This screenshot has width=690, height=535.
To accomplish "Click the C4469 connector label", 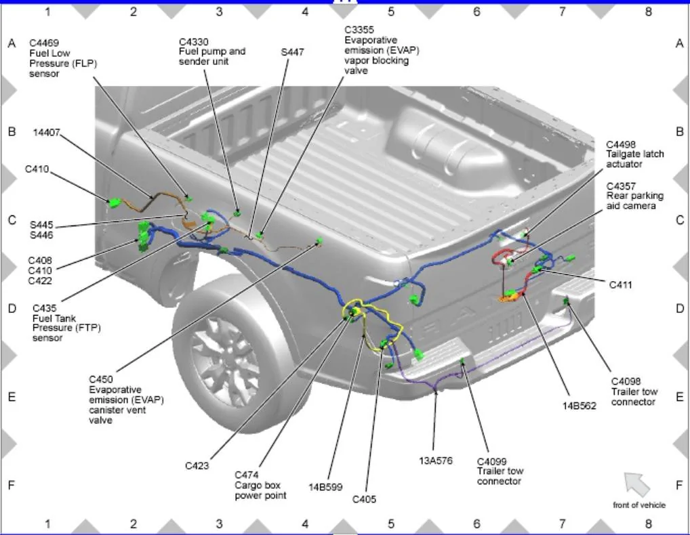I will tap(43, 43).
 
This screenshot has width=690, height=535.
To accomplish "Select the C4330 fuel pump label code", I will tap(193, 41).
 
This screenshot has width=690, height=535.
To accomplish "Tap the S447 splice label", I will tap(292, 51).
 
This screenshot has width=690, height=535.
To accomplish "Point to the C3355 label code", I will tap(359, 30).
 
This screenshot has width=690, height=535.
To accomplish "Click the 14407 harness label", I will tap(47, 133).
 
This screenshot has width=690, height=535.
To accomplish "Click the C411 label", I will tap(620, 285).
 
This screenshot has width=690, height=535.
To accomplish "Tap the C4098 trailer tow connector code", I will tap(626, 381).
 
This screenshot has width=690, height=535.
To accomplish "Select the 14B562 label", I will tap(578, 406).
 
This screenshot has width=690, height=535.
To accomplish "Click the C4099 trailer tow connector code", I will tap(491, 461).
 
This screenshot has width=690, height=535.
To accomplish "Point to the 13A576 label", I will tap(435, 461).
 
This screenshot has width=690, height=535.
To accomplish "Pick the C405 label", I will tap(364, 500).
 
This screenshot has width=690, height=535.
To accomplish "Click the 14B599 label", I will tap(325, 486).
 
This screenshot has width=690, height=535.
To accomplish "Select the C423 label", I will tap(197, 466).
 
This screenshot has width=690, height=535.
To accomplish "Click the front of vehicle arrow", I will tap(636, 484).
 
